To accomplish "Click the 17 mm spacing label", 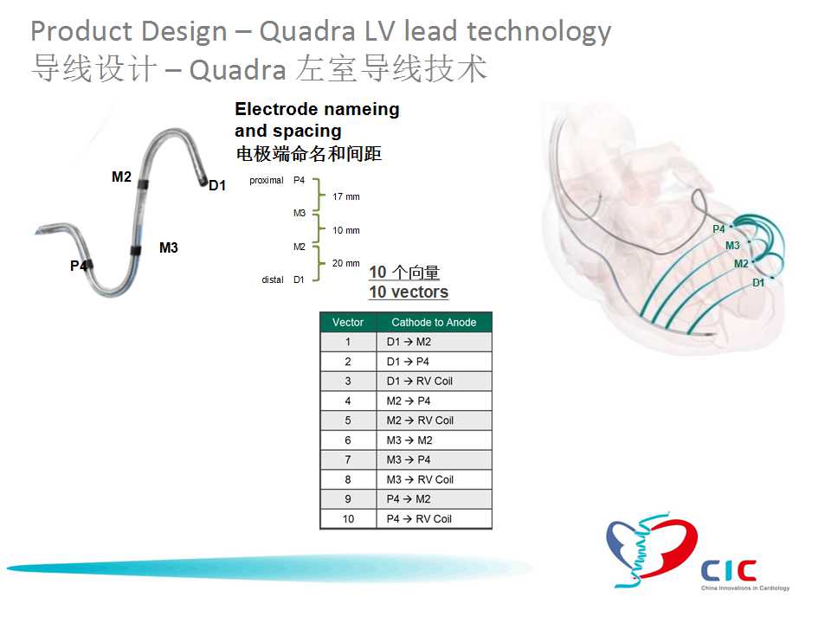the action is pyautogui.click(x=346, y=196).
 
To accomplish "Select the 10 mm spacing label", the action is pyautogui.click(x=346, y=230).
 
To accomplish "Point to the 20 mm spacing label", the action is pyautogui.click(x=346, y=263).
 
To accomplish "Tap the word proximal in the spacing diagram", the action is pyautogui.click(x=267, y=181).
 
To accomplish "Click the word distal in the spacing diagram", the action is pyautogui.click(x=273, y=279).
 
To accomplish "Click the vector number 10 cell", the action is pyautogui.click(x=348, y=519).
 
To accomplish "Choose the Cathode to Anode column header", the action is pyautogui.click(x=434, y=322).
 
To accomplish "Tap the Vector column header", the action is pyautogui.click(x=348, y=322).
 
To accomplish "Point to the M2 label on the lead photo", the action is pyautogui.click(x=121, y=177).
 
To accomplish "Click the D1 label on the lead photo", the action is pyautogui.click(x=217, y=185).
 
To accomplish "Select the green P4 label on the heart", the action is pyautogui.click(x=718, y=228).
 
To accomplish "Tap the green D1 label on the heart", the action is pyautogui.click(x=758, y=283).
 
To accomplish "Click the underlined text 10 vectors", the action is pyautogui.click(x=409, y=292).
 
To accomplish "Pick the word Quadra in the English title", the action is pyautogui.click(x=307, y=31).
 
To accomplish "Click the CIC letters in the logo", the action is pyautogui.click(x=729, y=570).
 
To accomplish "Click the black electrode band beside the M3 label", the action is pyautogui.click(x=136, y=251).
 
